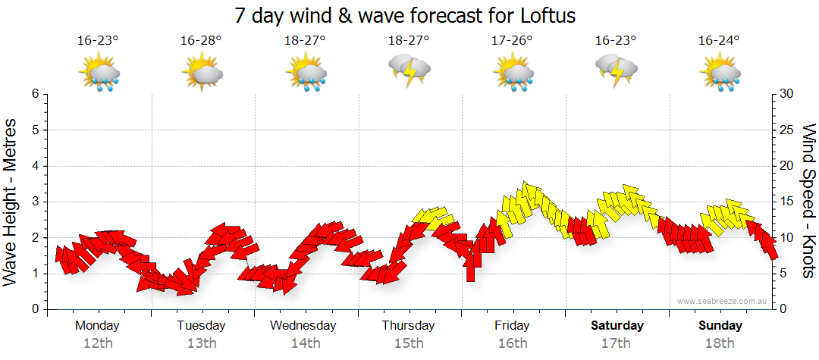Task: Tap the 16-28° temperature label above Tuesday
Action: (x=201, y=40)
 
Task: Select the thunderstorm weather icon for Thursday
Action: (x=409, y=70)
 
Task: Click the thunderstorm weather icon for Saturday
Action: (x=617, y=70)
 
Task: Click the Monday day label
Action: (x=97, y=325)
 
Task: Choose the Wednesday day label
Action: (x=303, y=325)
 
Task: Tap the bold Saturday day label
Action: (x=617, y=325)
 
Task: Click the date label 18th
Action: (x=720, y=343)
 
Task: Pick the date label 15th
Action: (x=409, y=343)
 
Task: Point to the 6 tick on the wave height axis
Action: (x=34, y=94)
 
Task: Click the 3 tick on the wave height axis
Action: (x=34, y=202)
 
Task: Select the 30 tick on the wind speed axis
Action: (x=787, y=94)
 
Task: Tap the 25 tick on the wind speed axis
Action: (x=787, y=130)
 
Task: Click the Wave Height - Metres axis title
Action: (x=11, y=202)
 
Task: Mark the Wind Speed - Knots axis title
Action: (x=808, y=202)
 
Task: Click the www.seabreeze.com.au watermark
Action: (x=723, y=301)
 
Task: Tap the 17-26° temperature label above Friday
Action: (x=513, y=40)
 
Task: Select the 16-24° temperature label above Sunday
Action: (x=720, y=40)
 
